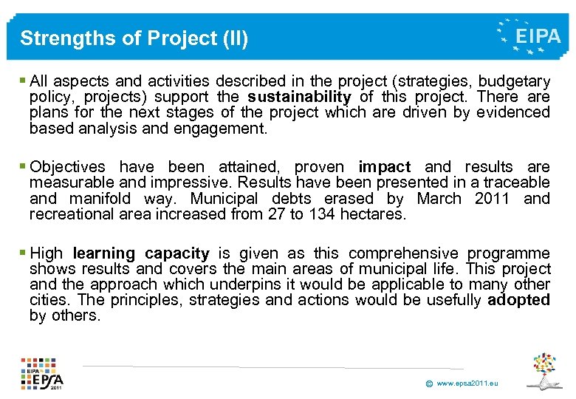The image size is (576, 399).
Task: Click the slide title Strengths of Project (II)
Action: [134, 38]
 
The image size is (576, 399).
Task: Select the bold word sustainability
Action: [299, 97]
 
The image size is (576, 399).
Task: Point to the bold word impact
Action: [384, 166]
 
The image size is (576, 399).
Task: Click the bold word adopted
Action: [519, 300]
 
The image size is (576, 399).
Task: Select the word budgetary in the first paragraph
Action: [514, 81]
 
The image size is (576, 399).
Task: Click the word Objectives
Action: [67, 166]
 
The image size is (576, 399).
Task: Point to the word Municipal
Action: [224, 198]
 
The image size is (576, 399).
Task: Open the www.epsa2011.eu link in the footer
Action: [467, 383]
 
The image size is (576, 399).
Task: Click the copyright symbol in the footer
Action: [428, 383]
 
